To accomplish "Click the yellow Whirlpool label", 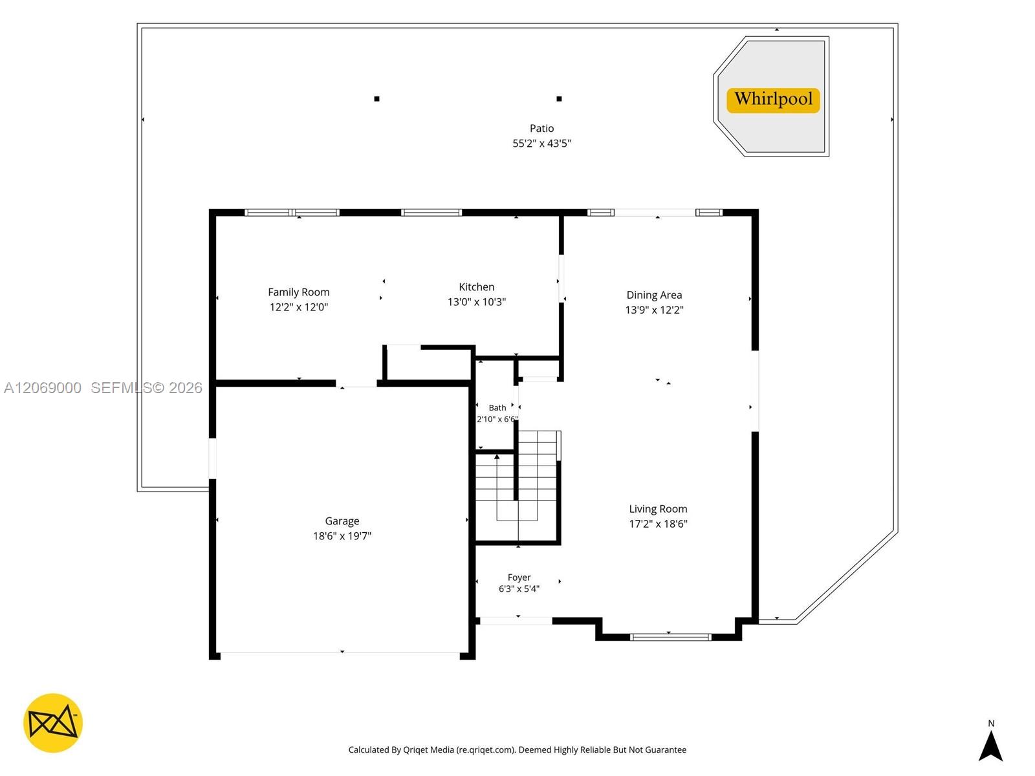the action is coord(772,100).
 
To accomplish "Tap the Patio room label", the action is coord(541,128).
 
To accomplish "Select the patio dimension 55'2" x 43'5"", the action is coord(541,143).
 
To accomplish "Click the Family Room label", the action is coord(298,292).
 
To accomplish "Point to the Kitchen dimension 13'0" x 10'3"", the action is coord(476,302).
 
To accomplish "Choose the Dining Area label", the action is coord(653,295).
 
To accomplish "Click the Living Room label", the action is coord(658,509).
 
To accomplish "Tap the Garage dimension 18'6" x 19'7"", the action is coord(342,535).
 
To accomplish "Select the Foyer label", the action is coord(519,577).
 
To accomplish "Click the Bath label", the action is coord(497,407).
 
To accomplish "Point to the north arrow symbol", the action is coord(990,746).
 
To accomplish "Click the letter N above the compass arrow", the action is coord(990,723).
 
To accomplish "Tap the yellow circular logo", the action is coord(53,723).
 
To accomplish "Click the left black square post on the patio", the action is coord(376,99).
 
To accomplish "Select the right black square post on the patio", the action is coord(559,99).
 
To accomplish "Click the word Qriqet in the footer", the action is coord(416,749).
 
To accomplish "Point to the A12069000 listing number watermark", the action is coord(43,388).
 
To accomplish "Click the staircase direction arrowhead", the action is coord(497,457).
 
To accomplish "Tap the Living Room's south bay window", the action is coord(670,638).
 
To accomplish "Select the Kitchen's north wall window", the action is coord(431,213).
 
